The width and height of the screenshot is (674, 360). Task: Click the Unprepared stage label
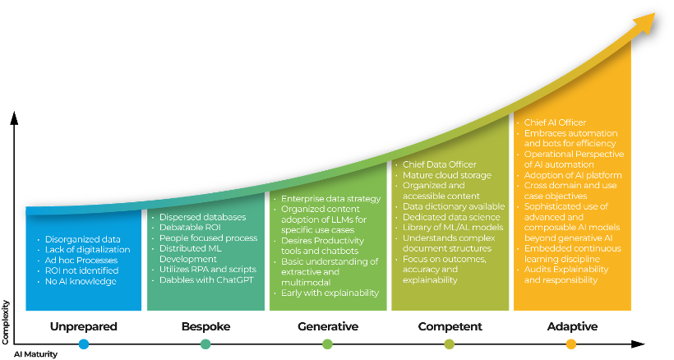pos(83,326)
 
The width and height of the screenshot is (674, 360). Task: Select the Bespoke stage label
pos(205,326)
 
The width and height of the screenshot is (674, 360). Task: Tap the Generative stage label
pos(327,326)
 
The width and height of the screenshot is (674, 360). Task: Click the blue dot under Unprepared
pos(83,344)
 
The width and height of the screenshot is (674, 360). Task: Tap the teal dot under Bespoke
pos(205,344)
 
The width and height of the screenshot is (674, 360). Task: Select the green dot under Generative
pos(327,344)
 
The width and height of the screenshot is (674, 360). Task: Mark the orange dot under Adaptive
pos(571,344)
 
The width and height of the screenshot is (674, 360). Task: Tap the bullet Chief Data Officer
pos(440,164)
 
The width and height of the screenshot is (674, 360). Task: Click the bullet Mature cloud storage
pos(446,175)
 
